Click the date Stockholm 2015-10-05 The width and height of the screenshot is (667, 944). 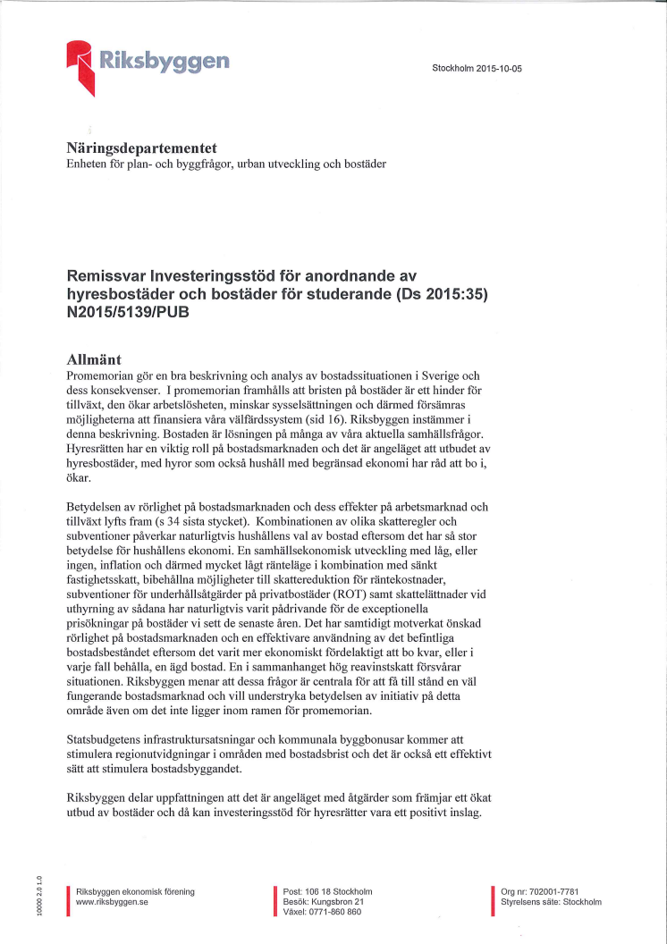pos(476,68)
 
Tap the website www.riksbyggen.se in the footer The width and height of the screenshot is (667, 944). pos(113,903)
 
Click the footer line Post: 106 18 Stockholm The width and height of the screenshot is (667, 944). pos(327,892)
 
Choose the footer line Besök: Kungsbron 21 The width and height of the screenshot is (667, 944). pos(322,903)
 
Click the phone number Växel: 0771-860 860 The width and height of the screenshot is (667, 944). pos(322,913)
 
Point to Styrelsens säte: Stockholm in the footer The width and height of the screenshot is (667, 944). pos(551,903)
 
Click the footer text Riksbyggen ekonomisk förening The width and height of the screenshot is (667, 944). pos(136,892)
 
